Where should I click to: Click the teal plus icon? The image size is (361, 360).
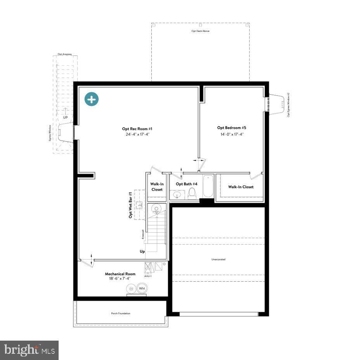[92, 99]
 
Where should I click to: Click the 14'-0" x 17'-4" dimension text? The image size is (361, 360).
[232, 134]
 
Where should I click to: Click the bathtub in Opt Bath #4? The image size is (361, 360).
[208, 187]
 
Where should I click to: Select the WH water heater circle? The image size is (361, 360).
[142, 289]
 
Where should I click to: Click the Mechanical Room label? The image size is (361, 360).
[120, 274]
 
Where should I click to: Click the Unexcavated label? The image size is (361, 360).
[218, 259]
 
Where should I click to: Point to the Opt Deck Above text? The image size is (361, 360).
[200, 31]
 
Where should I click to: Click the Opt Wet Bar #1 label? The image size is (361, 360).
[131, 205]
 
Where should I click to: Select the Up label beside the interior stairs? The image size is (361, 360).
[142, 251]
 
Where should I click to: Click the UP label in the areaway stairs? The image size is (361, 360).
[65, 117]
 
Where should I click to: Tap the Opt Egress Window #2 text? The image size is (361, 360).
[288, 105]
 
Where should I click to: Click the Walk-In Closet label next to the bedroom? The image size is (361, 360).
[241, 187]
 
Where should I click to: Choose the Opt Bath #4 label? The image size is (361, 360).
[187, 184]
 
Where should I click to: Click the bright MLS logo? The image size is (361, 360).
[29, 350]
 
